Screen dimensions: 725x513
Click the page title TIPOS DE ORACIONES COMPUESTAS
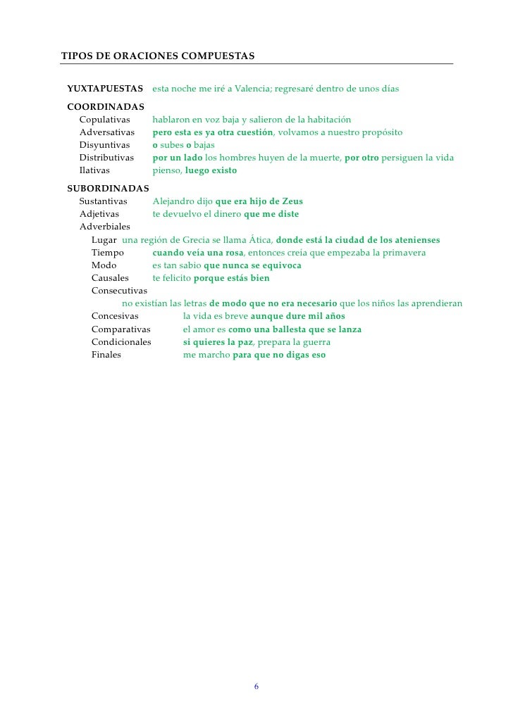(158, 55)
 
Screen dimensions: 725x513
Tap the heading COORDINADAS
(106, 107)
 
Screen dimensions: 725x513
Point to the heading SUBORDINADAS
(108, 189)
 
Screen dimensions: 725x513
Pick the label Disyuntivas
(104, 145)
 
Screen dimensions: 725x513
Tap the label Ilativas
(94, 170)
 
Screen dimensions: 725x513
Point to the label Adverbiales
(104, 227)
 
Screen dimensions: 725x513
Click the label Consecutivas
(119, 291)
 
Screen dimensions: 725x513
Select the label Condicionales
(121, 342)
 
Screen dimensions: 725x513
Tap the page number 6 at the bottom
(256, 687)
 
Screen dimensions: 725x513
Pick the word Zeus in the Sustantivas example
(292, 201)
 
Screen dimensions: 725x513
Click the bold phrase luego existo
(211, 170)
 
